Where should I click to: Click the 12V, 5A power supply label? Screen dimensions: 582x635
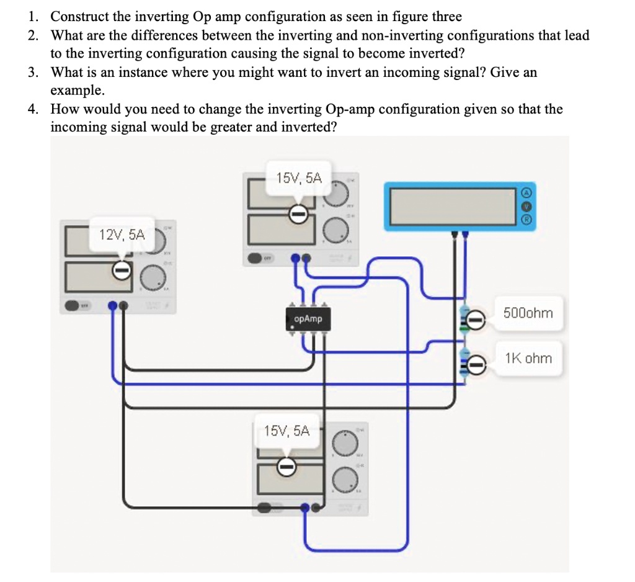tap(122, 235)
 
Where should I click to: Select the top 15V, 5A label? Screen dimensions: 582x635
tap(299, 178)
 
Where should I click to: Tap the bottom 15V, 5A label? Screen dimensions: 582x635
tap(286, 431)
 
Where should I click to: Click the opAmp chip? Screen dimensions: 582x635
tap(308, 319)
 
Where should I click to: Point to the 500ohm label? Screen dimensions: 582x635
tap(528, 313)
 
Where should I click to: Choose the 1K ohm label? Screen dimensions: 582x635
tap(528, 358)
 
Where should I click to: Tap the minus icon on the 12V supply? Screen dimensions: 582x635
tap(122, 270)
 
